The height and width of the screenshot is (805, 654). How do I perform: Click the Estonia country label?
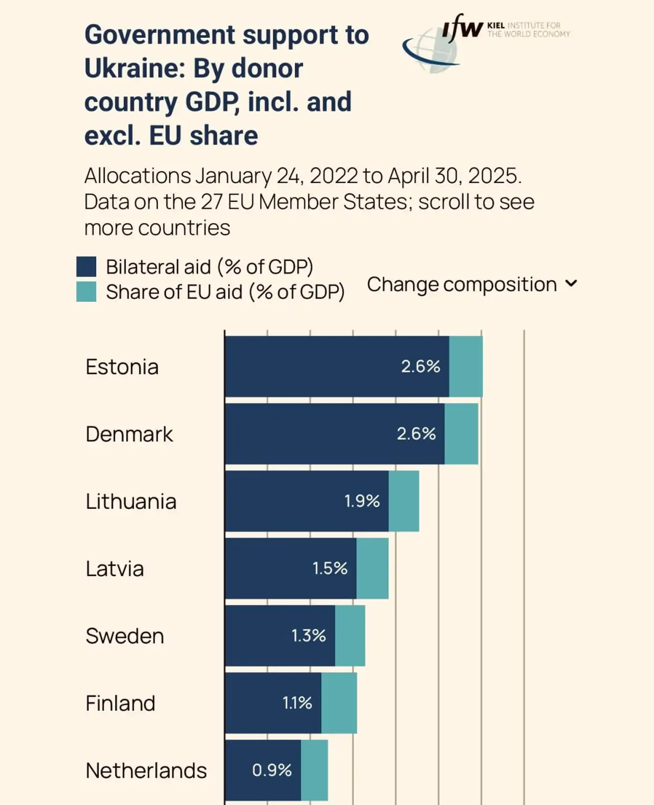click(x=122, y=367)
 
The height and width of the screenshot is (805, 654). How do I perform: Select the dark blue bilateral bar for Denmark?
click(x=308, y=434)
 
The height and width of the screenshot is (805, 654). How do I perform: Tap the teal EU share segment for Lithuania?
click(x=404, y=501)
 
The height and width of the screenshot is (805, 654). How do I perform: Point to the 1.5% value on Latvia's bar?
click(x=330, y=568)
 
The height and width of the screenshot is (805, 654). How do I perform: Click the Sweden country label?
click(x=125, y=636)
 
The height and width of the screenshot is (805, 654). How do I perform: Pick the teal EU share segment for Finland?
click(x=339, y=703)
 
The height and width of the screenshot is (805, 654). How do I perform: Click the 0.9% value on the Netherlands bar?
click(x=272, y=770)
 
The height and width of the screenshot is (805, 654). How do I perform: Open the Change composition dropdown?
click(x=472, y=284)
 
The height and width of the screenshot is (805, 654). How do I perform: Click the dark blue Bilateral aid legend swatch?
click(x=86, y=266)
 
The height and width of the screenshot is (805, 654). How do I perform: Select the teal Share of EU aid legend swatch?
click(x=86, y=292)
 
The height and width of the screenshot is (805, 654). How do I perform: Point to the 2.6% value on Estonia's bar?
click(x=420, y=366)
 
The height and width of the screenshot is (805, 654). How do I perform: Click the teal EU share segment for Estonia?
click(x=466, y=366)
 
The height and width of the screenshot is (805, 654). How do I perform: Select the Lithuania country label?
click(x=131, y=501)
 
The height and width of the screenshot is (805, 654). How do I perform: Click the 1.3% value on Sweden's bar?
click(x=309, y=635)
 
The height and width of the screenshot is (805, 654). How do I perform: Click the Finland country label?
click(x=120, y=703)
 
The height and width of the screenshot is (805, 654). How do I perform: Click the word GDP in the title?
click(x=213, y=102)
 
